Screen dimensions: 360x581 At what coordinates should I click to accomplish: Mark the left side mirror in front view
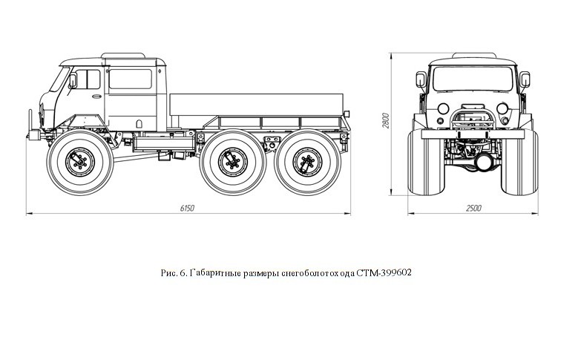point(421,80)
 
